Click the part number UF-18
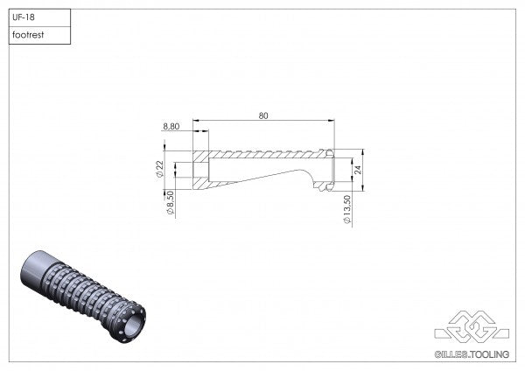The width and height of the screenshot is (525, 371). [x=24, y=17]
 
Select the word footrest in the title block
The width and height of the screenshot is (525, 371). [x=30, y=36]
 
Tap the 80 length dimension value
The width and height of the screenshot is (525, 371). [x=263, y=114]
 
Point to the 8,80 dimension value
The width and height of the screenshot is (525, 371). [x=172, y=127]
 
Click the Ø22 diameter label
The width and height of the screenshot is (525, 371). [x=161, y=168]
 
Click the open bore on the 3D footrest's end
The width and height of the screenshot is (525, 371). [x=131, y=326]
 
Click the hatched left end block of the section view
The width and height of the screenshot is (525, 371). [x=201, y=168]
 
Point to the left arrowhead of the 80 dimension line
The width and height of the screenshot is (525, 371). [x=196, y=121]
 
